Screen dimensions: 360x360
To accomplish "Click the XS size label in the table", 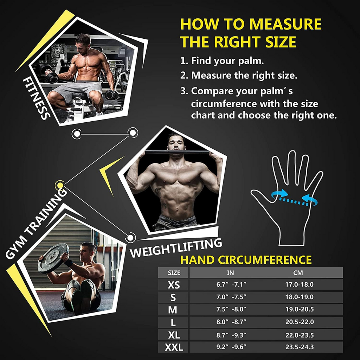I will pos(173,285).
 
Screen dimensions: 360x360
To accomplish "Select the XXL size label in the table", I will pos(174,347).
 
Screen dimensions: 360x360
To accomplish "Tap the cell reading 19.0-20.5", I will pos(299,309).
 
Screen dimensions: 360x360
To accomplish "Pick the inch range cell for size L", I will pos(231,322).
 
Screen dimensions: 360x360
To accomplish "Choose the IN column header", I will pos(231,272).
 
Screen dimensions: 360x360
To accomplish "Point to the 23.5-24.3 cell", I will pos(299,347).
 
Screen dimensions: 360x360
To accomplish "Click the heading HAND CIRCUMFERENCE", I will pos(246,260).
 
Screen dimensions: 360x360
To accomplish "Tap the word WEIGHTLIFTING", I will pos(176,248).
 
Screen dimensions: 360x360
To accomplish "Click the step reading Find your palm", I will pos(222,60).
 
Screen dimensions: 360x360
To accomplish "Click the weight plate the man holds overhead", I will pos(53,258).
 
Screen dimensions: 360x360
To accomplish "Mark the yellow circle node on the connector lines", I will pos(59,185).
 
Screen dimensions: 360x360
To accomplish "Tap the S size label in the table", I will pos(173,297).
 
